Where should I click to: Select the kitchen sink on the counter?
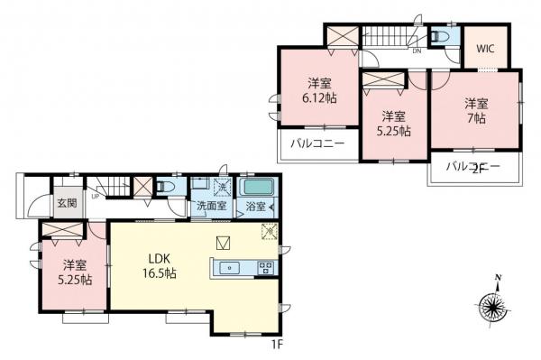coord(229,267)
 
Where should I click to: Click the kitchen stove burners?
coord(267,267)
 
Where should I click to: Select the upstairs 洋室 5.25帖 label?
coord(392,124)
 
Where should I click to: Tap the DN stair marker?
coord(417,51)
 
